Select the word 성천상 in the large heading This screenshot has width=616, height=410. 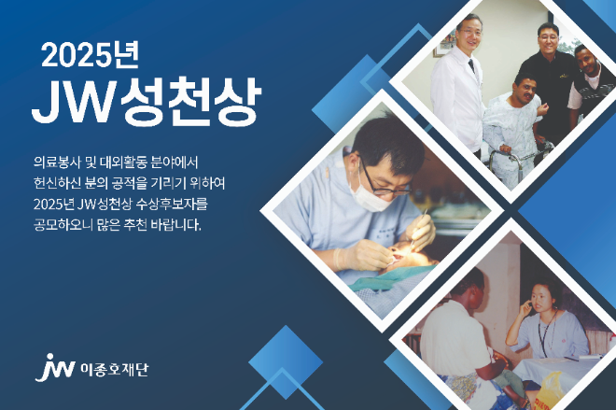point(197,103)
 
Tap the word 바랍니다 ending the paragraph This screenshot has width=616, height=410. point(176,225)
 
